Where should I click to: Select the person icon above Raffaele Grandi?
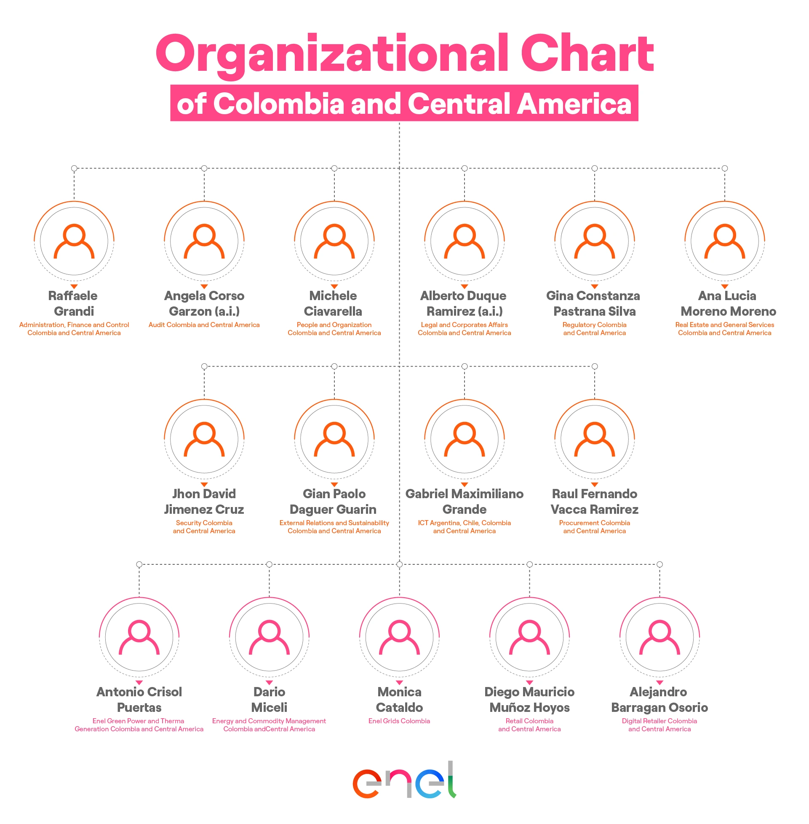point(74,241)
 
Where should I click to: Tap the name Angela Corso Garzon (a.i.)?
point(204,303)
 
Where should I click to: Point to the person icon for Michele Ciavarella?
point(334,241)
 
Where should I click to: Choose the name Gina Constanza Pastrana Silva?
point(594,303)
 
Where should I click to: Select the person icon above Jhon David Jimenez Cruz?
point(204,439)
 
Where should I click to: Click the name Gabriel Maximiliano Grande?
point(465,501)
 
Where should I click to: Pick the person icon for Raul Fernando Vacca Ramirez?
point(594,439)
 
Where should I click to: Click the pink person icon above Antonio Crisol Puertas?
point(139,637)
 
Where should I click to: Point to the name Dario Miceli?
point(269,699)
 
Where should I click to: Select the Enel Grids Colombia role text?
point(399,721)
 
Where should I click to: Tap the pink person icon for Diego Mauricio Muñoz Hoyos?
point(529,637)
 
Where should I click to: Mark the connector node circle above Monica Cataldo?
point(399,565)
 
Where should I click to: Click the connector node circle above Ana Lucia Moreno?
point(725,168)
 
